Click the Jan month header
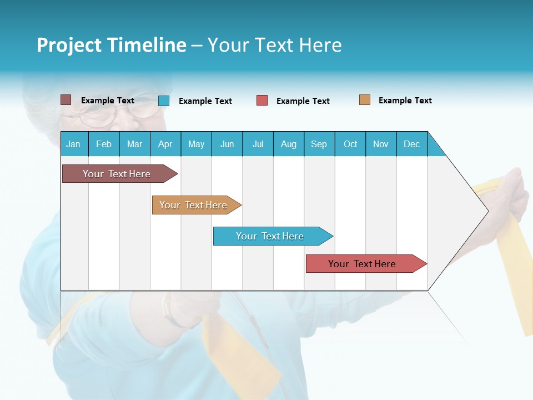74,144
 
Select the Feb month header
104,144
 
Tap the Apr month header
165,144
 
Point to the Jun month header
227,144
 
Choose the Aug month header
289,144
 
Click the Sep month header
319,144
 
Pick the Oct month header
350,144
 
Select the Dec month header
412,144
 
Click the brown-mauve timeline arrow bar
117,174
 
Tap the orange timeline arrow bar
194,205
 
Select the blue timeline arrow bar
270,236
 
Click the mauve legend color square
66,100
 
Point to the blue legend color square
164,101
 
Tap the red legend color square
262,101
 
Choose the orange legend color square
364,100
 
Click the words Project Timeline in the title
112,45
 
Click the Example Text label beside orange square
405,101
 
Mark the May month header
196,144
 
